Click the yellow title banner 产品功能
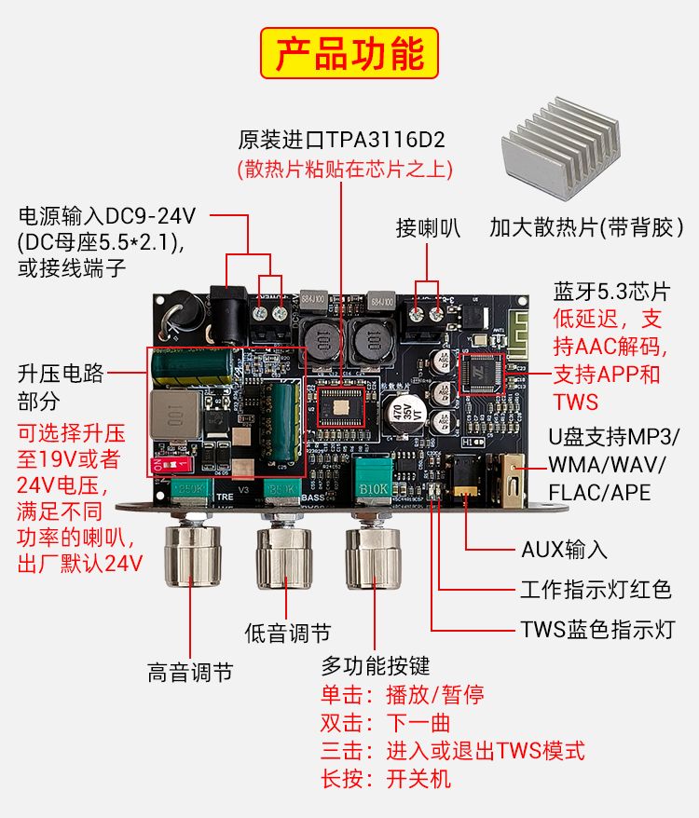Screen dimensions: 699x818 [x=349, y=53]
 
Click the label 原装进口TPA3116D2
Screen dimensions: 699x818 [x=341, y=140]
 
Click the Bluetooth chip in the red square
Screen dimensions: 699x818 [x=481, y=374]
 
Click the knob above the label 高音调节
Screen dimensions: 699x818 [x=192, y=555]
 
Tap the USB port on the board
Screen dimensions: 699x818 [x=512, y=481]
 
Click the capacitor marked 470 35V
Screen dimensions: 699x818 [x=404, y=413]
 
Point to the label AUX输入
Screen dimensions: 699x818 [x=564, y=550]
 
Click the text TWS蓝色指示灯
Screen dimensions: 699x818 [x=598, y=630]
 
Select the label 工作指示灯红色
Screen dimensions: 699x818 [x=596, y=590]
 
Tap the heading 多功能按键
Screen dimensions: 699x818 [x=376, y=666]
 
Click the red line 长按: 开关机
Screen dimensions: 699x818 [x=386, y=779]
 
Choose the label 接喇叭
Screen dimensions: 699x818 [x=428, y=228]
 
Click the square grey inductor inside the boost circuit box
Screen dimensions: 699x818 [x=175, y=415]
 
